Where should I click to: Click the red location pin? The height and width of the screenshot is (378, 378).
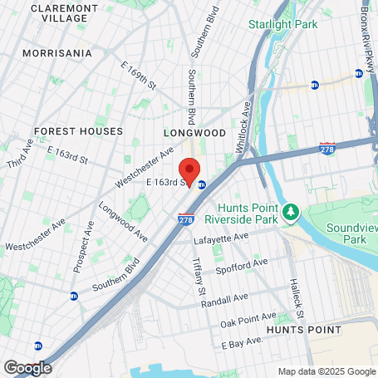point(189,170)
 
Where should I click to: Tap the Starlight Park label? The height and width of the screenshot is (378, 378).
point(282,24)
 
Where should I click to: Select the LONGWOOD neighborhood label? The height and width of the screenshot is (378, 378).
point(194,132)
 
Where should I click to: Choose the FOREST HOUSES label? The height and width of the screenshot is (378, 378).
point(78,131)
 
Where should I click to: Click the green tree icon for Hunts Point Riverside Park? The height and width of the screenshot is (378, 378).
point(291,214)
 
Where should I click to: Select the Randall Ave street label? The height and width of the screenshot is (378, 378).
point(226,298)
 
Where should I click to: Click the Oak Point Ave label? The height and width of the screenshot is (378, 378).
point(248,320)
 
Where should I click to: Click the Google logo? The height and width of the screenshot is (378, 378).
point(27,367)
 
